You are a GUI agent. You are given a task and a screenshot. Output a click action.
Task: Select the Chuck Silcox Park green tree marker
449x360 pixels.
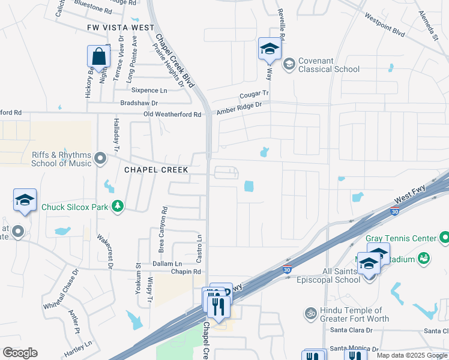tap(118, 206)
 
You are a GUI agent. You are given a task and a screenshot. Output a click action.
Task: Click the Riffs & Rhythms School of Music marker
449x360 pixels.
tap(100, 159)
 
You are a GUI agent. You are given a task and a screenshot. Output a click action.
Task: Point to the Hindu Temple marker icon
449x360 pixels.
tap(310, 313)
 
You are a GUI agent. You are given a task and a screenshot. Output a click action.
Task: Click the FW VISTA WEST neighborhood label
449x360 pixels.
tap(121, 28)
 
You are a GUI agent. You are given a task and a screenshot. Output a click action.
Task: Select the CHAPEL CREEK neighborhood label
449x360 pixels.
tap(156, 170)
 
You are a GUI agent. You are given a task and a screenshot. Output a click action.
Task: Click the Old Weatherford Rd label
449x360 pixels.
tap(172, 115)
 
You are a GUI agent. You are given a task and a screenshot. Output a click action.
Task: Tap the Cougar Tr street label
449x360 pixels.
tap(254, 94)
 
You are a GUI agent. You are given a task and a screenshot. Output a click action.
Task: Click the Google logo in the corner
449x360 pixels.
tap(20, 353)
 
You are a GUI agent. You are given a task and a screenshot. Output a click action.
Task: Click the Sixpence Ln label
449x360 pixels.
tap(150, 91)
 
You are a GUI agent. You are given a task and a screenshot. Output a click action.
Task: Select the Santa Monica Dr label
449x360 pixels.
tap(355, 349)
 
